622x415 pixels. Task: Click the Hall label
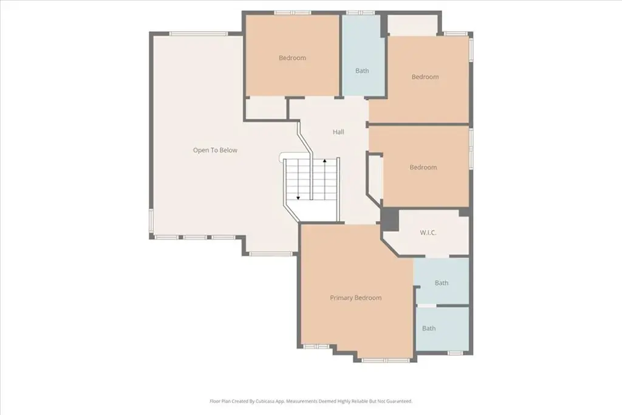(338, 132)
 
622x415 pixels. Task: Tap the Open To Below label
(215, 150)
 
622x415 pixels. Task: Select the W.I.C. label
(428, 233)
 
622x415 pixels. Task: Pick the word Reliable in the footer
(360, 401)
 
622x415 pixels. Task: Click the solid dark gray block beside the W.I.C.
(389, 219)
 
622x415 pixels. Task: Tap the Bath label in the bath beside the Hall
(362, 70)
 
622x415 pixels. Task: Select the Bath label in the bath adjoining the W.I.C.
(442, 283)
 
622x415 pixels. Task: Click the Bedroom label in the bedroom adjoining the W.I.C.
(423, 167)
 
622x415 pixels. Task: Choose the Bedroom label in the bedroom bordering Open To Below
(292, 58)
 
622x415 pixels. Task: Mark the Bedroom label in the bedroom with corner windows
(425, 77)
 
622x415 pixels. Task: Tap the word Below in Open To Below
(228, 150)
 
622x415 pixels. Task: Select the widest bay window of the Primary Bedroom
(386, 360)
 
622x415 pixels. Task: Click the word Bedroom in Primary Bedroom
(368, 298)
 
